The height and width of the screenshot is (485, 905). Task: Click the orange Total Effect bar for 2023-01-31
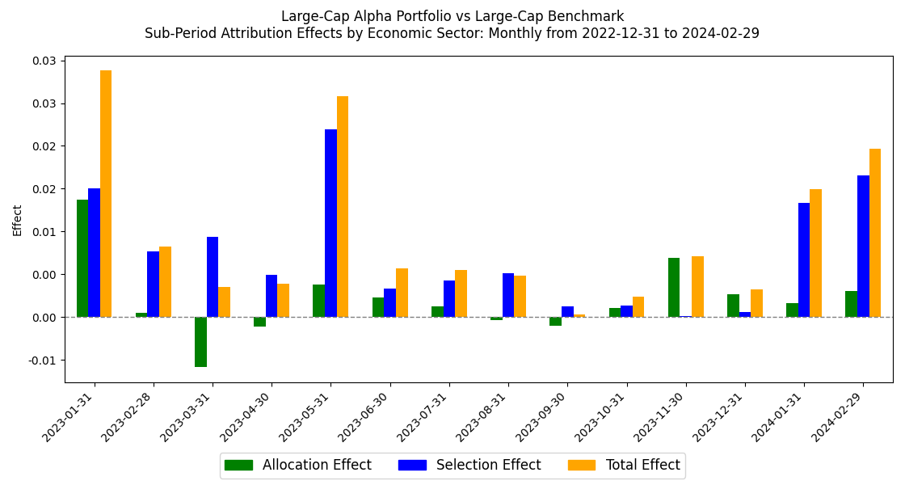click(106, 194)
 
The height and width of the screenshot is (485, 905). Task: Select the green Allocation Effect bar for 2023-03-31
click(200, 342)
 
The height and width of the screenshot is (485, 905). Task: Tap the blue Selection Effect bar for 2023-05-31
click(330, 223)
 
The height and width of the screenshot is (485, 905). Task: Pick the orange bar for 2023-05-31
click(343, 207)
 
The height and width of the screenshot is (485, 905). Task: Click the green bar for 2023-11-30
click(674, 287)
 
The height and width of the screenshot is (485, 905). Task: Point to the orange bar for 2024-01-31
click(815, 253)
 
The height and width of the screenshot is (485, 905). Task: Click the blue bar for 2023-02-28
click(153, 285)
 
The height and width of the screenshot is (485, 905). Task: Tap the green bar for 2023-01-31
click(82, 259)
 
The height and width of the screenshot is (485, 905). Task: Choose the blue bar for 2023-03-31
click(213, 277)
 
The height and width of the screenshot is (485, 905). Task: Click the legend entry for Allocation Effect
click(297, 465)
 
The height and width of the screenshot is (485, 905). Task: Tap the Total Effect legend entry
click(625, 465)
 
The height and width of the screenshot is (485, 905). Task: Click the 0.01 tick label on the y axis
click(44, 232)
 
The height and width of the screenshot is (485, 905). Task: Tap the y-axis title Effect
click(18, 220)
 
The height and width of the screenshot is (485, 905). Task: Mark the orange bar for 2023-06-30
click(402, 293)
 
